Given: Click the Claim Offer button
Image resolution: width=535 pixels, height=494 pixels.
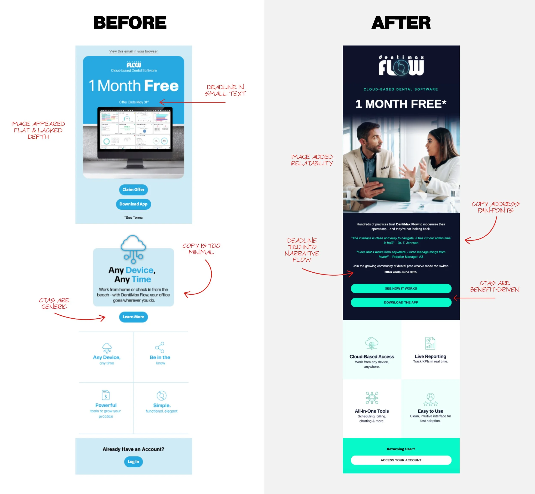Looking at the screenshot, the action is coord(133,190).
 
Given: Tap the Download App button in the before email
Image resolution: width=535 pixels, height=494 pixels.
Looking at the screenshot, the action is coord(133,204).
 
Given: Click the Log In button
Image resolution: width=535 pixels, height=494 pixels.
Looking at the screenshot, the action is coord(133,461).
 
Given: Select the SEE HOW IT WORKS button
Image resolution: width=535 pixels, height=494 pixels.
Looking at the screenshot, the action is coord(401,288).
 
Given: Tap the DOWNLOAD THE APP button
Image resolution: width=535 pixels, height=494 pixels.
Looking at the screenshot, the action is coord(401,302).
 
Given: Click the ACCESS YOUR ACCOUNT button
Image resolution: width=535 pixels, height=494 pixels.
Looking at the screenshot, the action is coord(401,460).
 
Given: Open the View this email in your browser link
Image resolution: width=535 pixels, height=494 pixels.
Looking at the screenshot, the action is coord(133,51).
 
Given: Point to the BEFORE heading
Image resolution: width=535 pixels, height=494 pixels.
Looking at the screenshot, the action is coord(130,23).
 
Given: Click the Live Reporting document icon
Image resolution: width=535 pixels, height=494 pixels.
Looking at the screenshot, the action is coord(430,343).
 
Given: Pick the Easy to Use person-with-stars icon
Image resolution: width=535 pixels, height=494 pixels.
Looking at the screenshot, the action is coord(430,399).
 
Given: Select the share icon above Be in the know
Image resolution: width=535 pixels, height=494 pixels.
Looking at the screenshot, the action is coord(160,347).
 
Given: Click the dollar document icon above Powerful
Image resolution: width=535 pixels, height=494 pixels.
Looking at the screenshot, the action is coord(106,395).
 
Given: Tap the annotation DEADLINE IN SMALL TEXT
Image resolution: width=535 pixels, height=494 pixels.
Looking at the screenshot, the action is coord(225,90).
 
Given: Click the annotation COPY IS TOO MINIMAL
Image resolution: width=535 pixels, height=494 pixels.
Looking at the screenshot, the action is coord(201,249).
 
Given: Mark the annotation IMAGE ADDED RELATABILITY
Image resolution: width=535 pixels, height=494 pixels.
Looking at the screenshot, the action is coord(312,160).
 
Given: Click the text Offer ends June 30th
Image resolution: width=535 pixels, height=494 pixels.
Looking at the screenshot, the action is coord(401,272).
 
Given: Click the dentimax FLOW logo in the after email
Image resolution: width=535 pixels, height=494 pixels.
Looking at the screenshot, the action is coord(401,66).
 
